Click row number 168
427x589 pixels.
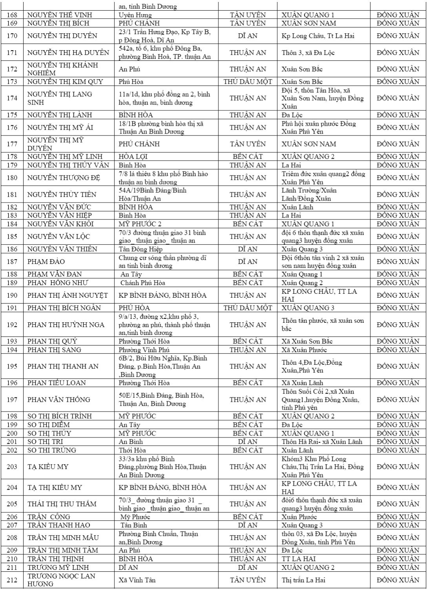click(12, 15)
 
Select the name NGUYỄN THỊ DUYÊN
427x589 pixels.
click(62, 36)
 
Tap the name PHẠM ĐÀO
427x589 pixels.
click(46, 262)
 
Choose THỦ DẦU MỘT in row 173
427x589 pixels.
click(247, 82)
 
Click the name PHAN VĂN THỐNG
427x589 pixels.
click(59, 400)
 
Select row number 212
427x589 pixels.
click(12, 580)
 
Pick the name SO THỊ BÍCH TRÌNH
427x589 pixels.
click(59, 416)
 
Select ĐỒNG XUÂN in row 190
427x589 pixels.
click(398, 295)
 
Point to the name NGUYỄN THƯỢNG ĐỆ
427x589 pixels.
click(64, 178)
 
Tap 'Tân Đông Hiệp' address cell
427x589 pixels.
click(141, 249)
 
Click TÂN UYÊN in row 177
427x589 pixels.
click(247, 144)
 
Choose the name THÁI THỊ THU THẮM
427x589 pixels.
click(62, 504)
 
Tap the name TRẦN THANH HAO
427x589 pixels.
click(59, 525)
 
